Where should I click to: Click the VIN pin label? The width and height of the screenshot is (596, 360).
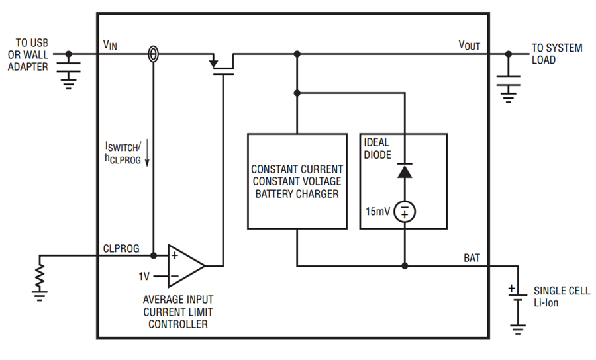[x=110, y=45]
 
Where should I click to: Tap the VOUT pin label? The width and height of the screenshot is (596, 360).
[x=469, y=45]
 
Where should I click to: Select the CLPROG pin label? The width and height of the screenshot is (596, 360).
[x=121, y=248]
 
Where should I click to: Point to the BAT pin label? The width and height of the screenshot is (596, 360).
[x=472, y=258]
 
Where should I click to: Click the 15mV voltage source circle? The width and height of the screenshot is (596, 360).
[x=405, y=212]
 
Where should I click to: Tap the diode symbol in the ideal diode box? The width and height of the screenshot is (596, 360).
[x=405, y=171]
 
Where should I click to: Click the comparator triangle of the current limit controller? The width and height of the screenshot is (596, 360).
[x=186, y=265]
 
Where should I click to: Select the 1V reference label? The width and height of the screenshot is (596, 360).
[x=144, y=276]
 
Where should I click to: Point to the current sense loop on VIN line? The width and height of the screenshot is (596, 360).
[x=153, y=54]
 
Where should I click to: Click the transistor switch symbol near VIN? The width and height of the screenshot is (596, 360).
[x=223, y=65]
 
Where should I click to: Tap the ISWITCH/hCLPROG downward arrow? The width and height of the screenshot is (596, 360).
[x=147, y=154]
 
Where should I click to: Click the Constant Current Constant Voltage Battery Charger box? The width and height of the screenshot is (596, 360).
[x=297, y=181]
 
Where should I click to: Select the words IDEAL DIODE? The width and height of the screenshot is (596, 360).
[x=377, y=148]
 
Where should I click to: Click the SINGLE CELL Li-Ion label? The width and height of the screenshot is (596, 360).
[x=562, y=296]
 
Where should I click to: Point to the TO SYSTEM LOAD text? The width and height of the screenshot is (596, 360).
[x=557, y=54]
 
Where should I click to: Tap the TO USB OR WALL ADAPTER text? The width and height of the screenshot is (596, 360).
[x=28, y=55]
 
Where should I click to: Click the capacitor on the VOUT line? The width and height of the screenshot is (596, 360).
[x=508, y=81]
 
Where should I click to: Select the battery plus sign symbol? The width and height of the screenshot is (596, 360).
[x=512, y=288]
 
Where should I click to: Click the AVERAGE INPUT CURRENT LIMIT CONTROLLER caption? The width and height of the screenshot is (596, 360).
[x=178, y=312]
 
